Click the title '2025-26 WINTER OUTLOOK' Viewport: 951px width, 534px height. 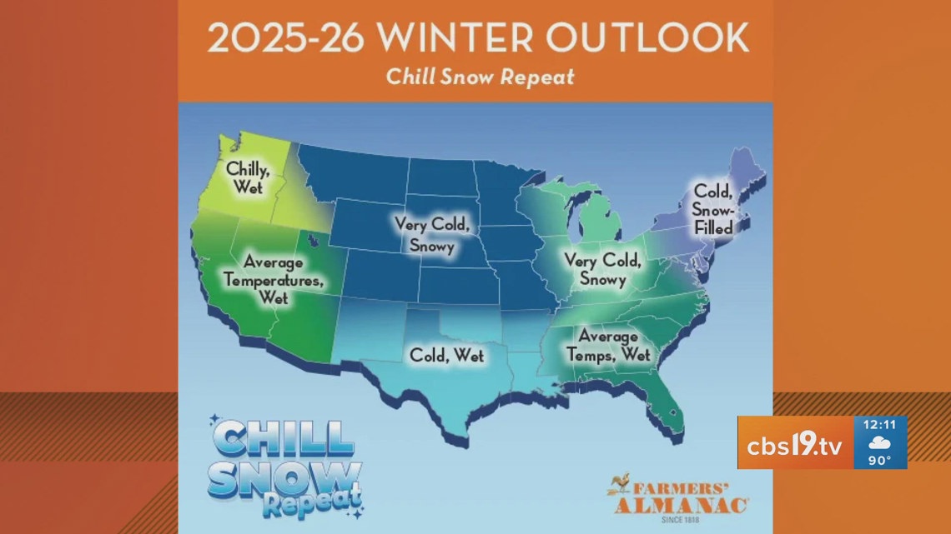pos(478,38)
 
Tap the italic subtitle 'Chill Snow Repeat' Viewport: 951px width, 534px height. pos(480,77)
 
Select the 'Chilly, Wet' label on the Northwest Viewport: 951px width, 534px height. pos(244,177)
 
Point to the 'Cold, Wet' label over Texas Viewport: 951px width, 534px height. pos(446,355)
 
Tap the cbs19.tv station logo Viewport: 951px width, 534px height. pos(795,442)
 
